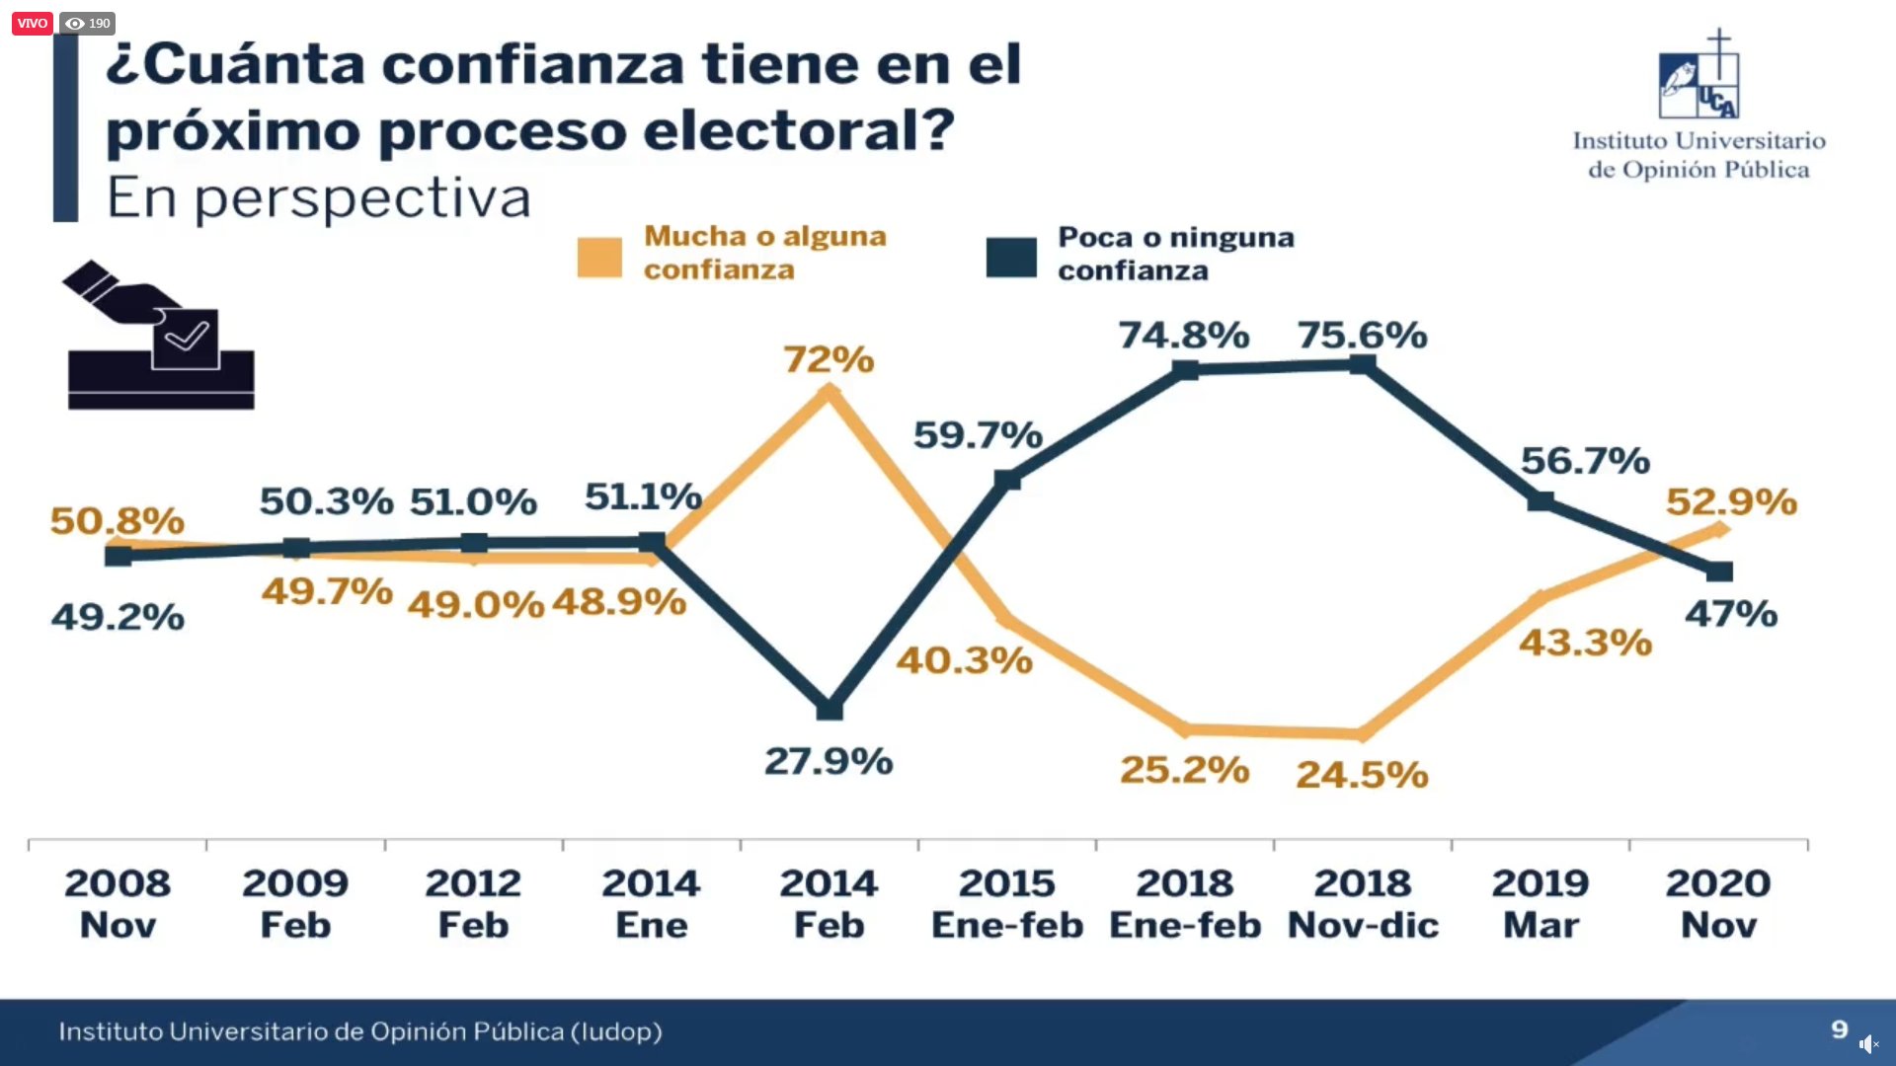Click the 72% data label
click(829, 359)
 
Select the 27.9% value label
click(829, 761)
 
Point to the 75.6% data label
click(1362, 336)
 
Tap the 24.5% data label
click(1362, 775)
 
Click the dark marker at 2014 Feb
click(829, 709)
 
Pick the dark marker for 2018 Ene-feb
click(1185, 370)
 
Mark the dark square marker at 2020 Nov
click(1719, 571)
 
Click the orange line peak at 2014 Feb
click(829, 393)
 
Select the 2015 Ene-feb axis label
click(1007, 903)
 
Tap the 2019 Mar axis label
click(1540, 903)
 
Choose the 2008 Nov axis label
click(118, 903)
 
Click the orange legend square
click(599, 257)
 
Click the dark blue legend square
click(1011, 257)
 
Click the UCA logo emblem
click(1698, 77)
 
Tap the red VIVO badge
click(32, 23)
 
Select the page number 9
click(1839, 1029)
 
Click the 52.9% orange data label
click(1731, 501)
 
